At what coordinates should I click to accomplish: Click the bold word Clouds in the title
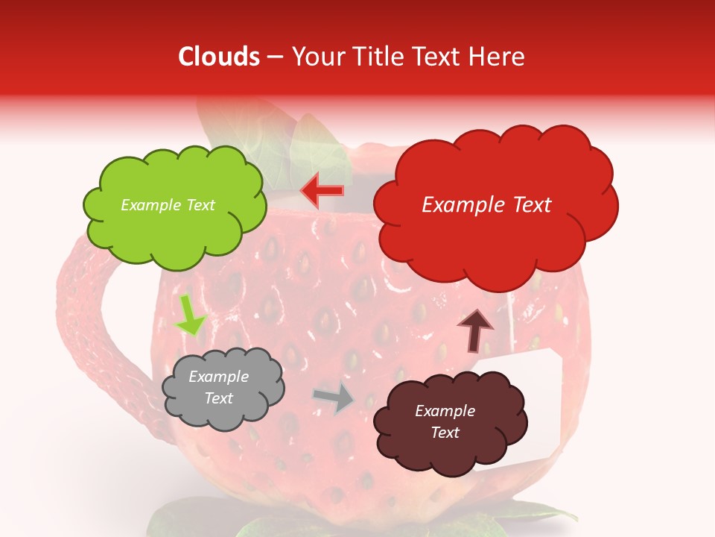[219, 57]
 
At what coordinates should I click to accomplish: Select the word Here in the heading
[498, 57]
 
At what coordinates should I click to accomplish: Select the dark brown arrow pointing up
[474, 330]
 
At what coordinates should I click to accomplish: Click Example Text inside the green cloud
[168, 205]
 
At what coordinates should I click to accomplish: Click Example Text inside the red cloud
[486, 205]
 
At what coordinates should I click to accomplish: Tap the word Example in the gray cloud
[218, 377]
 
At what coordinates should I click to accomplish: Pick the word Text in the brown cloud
[445, 433]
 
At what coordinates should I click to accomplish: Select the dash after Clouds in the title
[275, 57]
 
